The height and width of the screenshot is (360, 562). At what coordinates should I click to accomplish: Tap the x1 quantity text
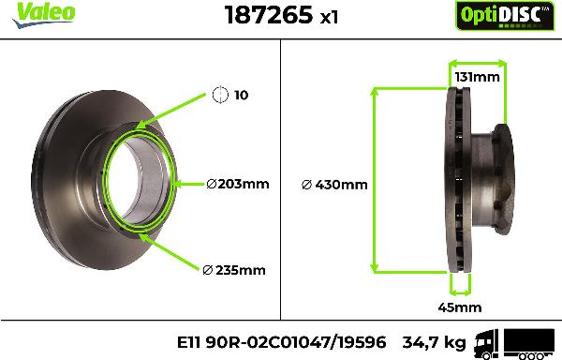click(301, 17)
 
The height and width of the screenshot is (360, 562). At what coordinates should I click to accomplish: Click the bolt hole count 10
click(242, 95)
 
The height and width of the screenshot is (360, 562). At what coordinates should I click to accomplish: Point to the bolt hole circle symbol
click(220, 95)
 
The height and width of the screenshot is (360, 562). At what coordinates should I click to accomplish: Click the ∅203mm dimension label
click(237, 184)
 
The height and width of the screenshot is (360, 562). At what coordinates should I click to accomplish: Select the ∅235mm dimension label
click(234, 270)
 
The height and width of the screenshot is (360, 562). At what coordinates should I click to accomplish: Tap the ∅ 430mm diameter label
click(333, 184)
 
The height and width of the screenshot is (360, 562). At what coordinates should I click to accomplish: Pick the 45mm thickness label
click(459, 307)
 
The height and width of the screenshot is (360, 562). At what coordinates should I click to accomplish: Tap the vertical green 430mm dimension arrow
click(377, 179)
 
